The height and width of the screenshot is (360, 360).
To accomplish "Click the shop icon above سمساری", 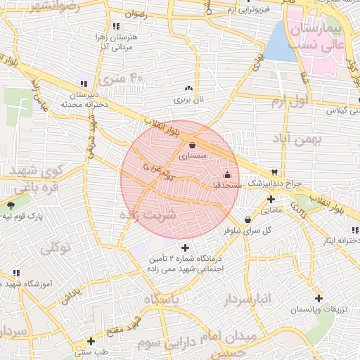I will click(192, 146).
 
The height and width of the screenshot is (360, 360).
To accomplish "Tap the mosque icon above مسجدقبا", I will click(226, 174).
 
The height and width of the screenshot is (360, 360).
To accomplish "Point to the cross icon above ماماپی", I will click(271, 199).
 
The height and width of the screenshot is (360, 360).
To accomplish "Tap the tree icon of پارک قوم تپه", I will click(10, 205).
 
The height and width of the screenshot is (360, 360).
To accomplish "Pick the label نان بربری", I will click(188, 100).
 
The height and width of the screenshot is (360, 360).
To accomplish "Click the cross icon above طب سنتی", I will click(90, 341).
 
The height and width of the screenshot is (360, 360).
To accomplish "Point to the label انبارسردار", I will click(247, 300).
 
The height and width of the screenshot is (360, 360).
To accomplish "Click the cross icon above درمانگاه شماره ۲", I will click(185, 247).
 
